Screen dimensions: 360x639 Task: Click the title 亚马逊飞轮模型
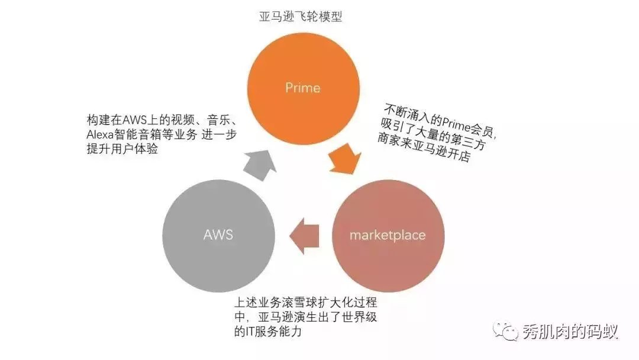click(x=301, y=17)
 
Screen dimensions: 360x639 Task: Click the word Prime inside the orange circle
click(x=302, y=88)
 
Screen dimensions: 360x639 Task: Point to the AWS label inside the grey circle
click(x=218, y=234)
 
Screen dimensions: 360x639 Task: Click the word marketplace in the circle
click(x=388, y=235)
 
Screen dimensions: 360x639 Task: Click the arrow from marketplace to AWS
click(x=305, y=235)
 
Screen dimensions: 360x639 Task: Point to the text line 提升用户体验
click(x=122, y=149)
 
